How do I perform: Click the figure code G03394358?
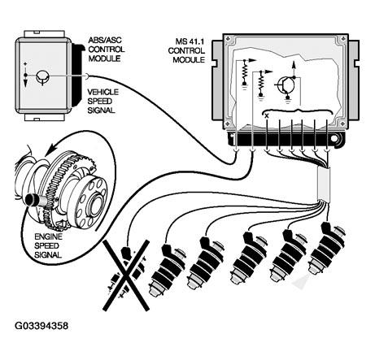pyautogui.click(x=41, y=326)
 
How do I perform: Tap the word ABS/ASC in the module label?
pyautogui.click(x=105, y=41)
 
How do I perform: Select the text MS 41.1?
pyautogui.click(x=190, y=41)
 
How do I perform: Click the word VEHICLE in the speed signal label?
pyautogui.click(x=103, y=92)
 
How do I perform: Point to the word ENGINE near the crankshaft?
pyautogui.click(x=48, y=236)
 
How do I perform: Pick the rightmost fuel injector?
pyautogui.click(x=327, y=248)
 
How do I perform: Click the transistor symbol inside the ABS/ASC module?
pyautogui.click(x=42, y=77)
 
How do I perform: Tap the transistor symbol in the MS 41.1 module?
pyautogui.click(x=286, y=85)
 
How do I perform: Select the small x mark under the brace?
pyautogui.click(x=267, y=116)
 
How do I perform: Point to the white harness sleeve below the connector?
pyautogui.click(x=324, y=184)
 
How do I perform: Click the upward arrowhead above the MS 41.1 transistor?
pyautogui.click(x=294, y=64)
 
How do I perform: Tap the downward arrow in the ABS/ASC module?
pyautogui.click(x=25, y=82)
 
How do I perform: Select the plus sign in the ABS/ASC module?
pyautogui.click(x=25, y=64)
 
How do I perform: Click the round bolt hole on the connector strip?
pyautogui.click(x=334, y=139)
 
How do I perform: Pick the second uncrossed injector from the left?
pyautogui.click(x=206, y=262)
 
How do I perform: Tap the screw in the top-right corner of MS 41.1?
pyautogui.click(x=343, y=38)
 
